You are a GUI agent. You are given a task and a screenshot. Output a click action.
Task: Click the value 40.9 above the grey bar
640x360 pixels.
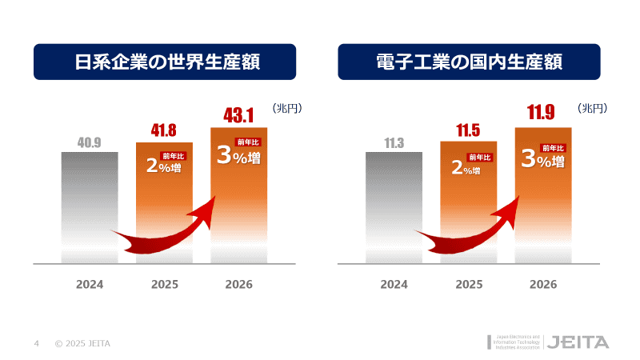tap(90, 144)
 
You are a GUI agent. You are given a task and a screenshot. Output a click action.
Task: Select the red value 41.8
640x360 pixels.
tap(164, 130)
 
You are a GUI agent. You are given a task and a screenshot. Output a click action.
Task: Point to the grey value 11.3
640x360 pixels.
tap(394, 144)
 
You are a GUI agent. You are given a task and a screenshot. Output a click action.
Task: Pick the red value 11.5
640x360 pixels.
tap(468, 130)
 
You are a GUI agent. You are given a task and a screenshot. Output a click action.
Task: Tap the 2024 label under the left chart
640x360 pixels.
tap(90, 284)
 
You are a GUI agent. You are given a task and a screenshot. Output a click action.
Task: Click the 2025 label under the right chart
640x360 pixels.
tap(469, 284)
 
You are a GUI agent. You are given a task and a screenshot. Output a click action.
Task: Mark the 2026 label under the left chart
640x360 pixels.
tap(238, 284)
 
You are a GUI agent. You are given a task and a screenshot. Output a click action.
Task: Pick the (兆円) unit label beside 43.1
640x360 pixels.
tap(286, 108)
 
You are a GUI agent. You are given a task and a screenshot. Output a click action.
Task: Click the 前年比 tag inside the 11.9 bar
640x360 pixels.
tap(554, 147)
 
